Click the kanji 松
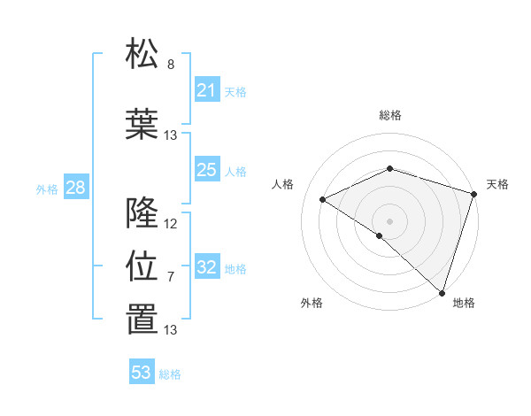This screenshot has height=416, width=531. coord(142,54)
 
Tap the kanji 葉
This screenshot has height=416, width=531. coord(142,125)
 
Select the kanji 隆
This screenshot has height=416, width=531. coord(142,213)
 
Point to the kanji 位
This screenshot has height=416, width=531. coord(142,266)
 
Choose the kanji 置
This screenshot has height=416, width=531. coord(142,320)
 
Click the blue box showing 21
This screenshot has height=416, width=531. coord(207,90)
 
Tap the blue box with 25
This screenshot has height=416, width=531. coord(207,170)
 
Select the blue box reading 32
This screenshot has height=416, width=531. coord(207,268)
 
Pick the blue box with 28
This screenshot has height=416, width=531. coord(75,188)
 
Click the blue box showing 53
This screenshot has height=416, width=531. coord(142,373)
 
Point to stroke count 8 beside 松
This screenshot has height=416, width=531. coord(171,64)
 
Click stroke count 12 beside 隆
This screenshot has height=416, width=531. coord(171,223)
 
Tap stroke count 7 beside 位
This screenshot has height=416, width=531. coord(171,276)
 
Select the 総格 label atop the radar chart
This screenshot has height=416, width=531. coord(390,115)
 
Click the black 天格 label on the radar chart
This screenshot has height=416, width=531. coord(497,184)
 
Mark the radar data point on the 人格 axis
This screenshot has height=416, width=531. coord(323,200)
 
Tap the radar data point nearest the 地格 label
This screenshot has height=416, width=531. coord(442,292)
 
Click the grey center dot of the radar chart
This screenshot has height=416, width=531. coord(389,220)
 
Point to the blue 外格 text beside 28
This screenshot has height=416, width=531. coord(47,189)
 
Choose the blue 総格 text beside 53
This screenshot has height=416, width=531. coord(170,374)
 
